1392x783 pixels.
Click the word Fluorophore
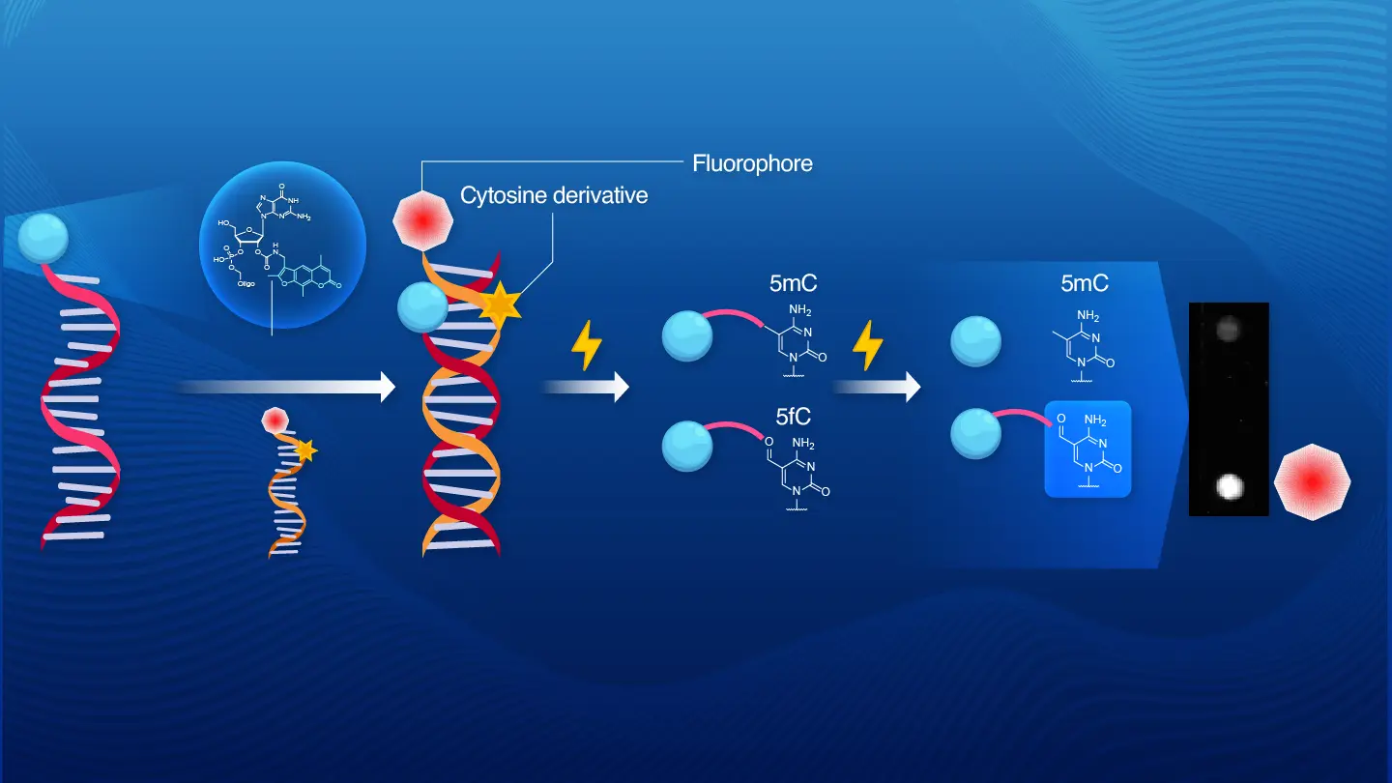click(x=752, y=163)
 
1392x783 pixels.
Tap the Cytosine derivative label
click(x=553, y=195)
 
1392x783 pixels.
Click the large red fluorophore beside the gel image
click(x=1312, y=480)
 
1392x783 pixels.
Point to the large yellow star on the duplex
click(x=500, y=304)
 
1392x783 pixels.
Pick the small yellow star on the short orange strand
click(x=306, y=449)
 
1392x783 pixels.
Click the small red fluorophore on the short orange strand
click(x=275, y=420)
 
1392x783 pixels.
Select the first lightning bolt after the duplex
click(x=586, y=345)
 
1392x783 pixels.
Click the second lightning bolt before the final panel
click(x=866, y=345)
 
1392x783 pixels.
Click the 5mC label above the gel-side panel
click(x=1083, y=284)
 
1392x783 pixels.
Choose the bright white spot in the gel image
click(x=1229, y=486)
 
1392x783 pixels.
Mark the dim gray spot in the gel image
click(x=1228, y=330)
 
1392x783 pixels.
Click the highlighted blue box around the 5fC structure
click(x=1087, y=449)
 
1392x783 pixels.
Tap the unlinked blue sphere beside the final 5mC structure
click(x=976, y=344)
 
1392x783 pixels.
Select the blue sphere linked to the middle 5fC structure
click(x=687, y=445)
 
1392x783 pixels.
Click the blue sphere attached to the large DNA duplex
click(x=422, y=308)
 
